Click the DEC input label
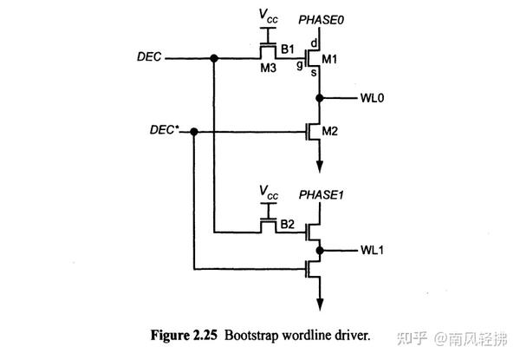click(148, 58)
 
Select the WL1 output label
click(373, 251)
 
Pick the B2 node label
click(288, 223)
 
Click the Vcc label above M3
click(270, 16)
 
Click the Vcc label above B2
click(270, 190)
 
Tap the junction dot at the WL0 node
click(320, 97)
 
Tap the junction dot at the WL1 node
click(320, 251)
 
